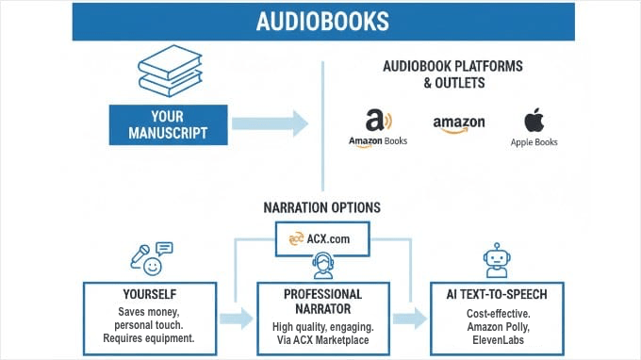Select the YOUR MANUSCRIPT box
click(170, 124)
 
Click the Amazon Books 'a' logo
click(376, 121)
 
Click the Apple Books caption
click(534, 142)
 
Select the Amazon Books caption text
click(377, 142)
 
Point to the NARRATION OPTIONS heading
click(322, 207)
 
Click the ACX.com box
click(322, 238)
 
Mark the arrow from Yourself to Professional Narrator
click(240, 318)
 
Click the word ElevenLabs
click(497, 337)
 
